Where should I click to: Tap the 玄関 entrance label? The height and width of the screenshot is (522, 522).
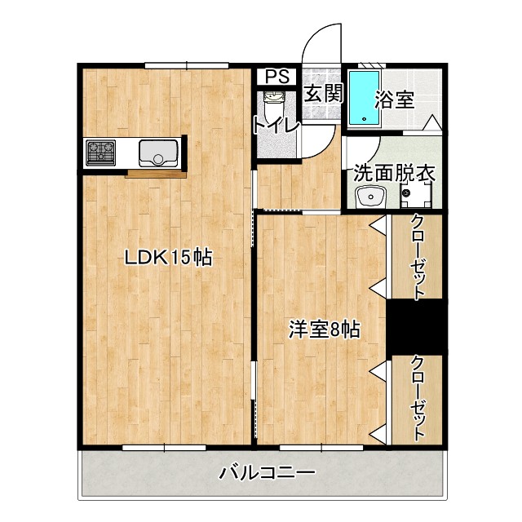click(x=323, y=93)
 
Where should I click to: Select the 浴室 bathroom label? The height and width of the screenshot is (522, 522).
click(x=395, y=100)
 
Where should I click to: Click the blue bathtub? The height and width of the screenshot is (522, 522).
click(x=364, y=98)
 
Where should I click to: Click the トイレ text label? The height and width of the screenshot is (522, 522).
click(x=276, y=126)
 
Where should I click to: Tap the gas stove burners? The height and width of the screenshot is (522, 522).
click(x=100, y=152)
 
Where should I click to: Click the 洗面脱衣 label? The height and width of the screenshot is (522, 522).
click(x=394, y=174)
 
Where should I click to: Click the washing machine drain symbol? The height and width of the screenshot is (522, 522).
click(x=406, y=194)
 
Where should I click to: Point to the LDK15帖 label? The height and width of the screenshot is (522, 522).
click(x=168, y=258)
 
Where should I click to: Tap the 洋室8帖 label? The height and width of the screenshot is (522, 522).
click(x=325, y=330)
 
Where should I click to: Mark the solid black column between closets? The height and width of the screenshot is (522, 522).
click(x=414, y=326)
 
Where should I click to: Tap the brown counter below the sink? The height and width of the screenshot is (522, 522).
click(x=157, y=172)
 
